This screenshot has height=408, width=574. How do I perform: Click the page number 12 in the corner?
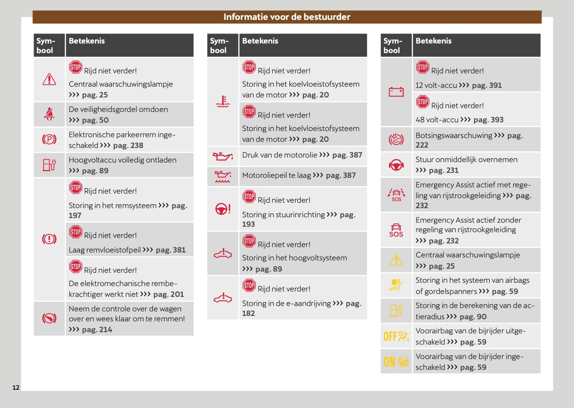16,388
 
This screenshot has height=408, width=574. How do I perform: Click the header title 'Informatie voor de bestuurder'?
287,17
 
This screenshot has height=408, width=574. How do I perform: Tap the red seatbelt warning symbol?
49,114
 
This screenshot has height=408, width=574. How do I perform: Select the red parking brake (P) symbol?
49,140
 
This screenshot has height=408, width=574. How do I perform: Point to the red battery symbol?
396,92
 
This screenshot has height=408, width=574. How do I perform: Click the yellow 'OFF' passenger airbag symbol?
396,336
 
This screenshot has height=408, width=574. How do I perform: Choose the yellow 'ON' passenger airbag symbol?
396,362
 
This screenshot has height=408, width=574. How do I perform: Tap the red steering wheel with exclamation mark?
223,209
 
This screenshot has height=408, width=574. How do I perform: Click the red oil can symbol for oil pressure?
223,156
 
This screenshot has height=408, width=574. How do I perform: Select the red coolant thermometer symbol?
223,102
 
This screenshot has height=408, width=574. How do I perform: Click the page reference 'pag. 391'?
487,85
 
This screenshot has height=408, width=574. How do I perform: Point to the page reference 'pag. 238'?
128,146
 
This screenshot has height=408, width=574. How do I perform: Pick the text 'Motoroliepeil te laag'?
276,175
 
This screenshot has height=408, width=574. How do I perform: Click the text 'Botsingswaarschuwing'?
454,136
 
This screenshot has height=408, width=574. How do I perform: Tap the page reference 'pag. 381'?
171,250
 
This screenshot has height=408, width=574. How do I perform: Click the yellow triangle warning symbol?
396,260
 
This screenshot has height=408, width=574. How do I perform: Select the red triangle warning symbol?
49,79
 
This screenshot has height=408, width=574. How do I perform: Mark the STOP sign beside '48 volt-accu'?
423,102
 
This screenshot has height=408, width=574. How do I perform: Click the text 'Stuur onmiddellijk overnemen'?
466,160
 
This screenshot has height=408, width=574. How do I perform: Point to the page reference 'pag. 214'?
97,330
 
